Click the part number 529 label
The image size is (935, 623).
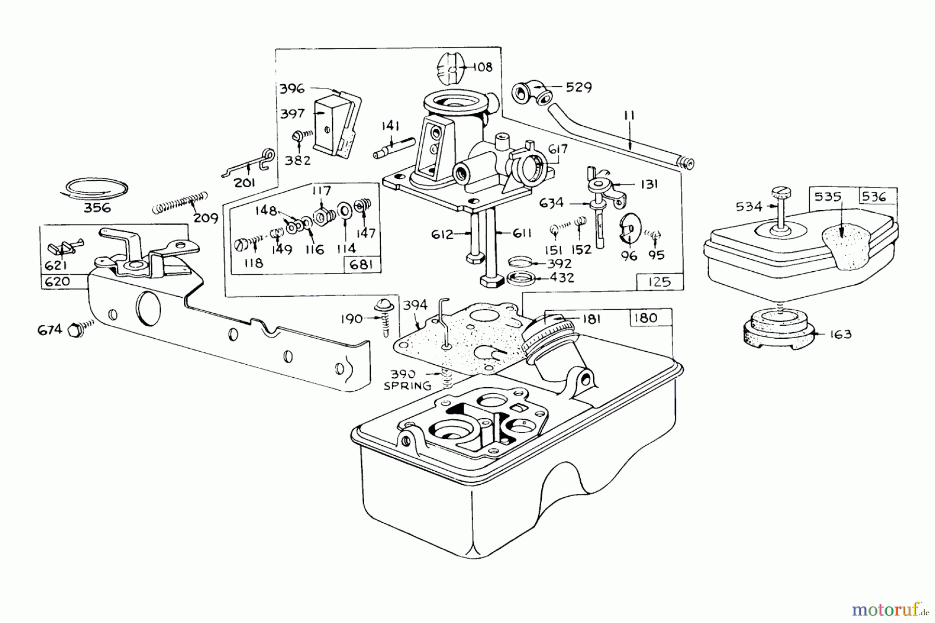(x=578, y=87)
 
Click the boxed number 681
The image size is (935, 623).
(x=362, y=265)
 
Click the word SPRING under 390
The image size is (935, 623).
(x=407, y=386)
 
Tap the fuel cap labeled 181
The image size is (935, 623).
(x=551, y=333)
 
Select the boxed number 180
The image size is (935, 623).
(x=646, y=317)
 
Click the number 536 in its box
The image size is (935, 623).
(x=877, y=196)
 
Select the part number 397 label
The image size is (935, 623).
(x=292, y=114)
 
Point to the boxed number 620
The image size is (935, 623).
(x=56, y=282)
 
